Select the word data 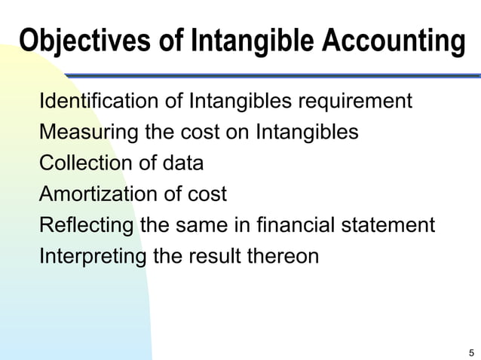tap(181, 163)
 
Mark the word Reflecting tap(87, 225)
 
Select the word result tap(214, 256)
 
